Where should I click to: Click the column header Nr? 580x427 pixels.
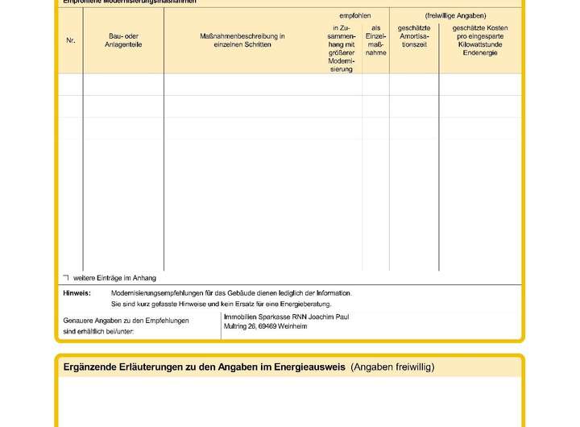click(70, 40)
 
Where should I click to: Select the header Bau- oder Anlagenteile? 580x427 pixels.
click(123, 40)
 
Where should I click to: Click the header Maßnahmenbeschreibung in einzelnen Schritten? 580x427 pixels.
click(242, 40)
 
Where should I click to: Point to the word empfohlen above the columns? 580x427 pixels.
click(355, 15)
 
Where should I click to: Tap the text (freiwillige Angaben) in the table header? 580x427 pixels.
click(456, 15)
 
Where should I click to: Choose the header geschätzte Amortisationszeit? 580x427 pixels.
click(413, 36)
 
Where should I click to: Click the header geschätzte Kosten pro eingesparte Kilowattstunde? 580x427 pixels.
click(480, 40)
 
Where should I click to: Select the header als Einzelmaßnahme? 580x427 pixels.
click(375, 40)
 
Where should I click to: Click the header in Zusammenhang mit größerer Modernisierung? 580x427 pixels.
click(342, 48)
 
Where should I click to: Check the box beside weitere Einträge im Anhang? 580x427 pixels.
click(66, 277)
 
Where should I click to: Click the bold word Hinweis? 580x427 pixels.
click(77, 293)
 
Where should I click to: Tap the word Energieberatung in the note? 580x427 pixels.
click(310, 305)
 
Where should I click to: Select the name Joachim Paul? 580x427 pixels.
click(329, 317)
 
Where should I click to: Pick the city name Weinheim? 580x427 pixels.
click(294, 327)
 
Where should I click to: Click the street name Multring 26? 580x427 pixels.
click(239, 327)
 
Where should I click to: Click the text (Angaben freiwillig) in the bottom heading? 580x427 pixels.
click(392, 367)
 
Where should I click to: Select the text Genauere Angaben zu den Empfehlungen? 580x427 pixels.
click(126, 321)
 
